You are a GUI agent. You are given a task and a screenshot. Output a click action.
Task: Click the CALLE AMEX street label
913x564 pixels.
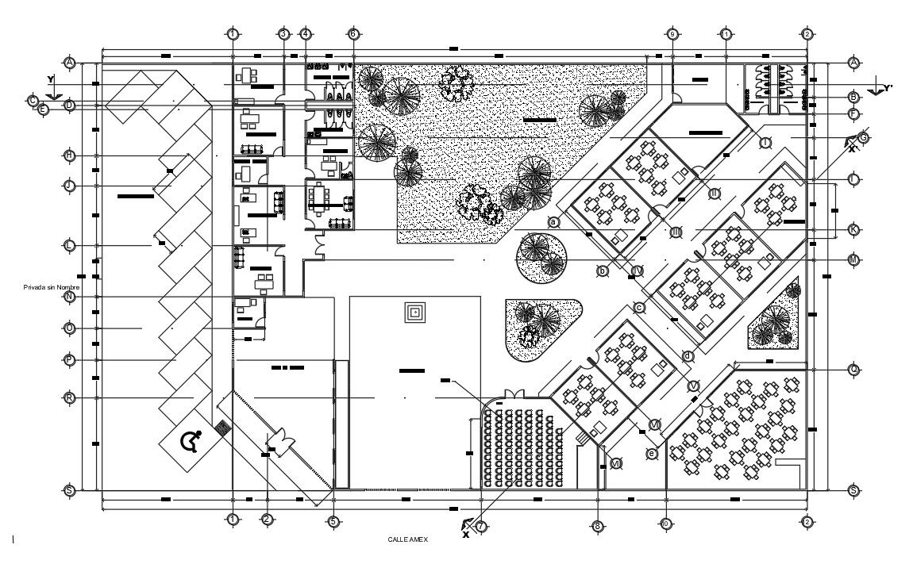pyautogui.click(x=408, y=539)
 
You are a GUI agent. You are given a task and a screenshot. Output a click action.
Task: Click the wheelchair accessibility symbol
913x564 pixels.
pyautogui.click(x=191, y=439)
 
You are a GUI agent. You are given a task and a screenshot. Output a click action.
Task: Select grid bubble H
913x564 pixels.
pyautogui.click(x=70, y=155)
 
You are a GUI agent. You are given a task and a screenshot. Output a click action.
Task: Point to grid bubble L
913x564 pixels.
pyautogui.click(x=70, y=246)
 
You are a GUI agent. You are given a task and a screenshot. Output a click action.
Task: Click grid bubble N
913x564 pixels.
pyautogui.click(x=70, y=297)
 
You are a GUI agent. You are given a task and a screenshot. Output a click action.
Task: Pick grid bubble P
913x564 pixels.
pyautogui.click(x=70, y=360)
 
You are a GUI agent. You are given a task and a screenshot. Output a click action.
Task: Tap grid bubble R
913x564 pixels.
pyautogui.click(x=70, y=397)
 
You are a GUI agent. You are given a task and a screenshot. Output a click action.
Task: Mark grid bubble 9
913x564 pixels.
pyautogui.click(x=672, y=34)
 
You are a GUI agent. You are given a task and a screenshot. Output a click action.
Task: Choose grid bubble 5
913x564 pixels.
pyautogui.click(x=333, y=521)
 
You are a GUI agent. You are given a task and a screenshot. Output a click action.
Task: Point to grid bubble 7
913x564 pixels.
pyautogui.click(x=481, y=526)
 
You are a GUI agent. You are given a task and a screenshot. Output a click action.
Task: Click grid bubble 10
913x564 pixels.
pyautogui.click(x=665, y=524)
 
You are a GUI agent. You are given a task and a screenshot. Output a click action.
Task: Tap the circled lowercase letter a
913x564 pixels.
pyautogui.click(x=554, y=223)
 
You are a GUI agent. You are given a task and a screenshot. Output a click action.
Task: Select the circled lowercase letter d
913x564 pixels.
pyautogui.click(x=688, y=356)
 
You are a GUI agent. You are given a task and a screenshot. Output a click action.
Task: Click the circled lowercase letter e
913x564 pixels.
pyautogui.click(x=652, y=454)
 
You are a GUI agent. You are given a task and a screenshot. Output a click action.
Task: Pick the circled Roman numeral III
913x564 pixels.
pyautogui.click(x=676, y=232)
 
